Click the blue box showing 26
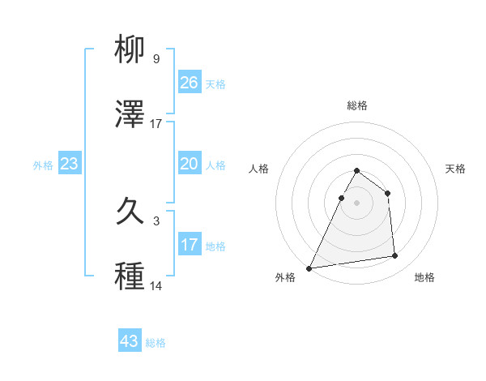click(190, 83)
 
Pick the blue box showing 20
click(190, 164)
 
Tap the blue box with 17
click(190, 245)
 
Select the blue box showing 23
click(70, 164)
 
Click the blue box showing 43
click(130, 341)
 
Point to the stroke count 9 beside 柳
click(156, 59)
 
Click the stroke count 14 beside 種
click(156, 286)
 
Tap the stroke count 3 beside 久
click(156, 221)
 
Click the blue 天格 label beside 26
click(215, 83)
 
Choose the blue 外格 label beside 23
click(43, 165)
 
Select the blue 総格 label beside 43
click(156, 343)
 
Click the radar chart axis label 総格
click(357, 106)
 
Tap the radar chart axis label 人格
click(258, 169)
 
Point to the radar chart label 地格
click(424, 277)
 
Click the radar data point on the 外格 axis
click(309, 268)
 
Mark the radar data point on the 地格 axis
click(395, 256)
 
